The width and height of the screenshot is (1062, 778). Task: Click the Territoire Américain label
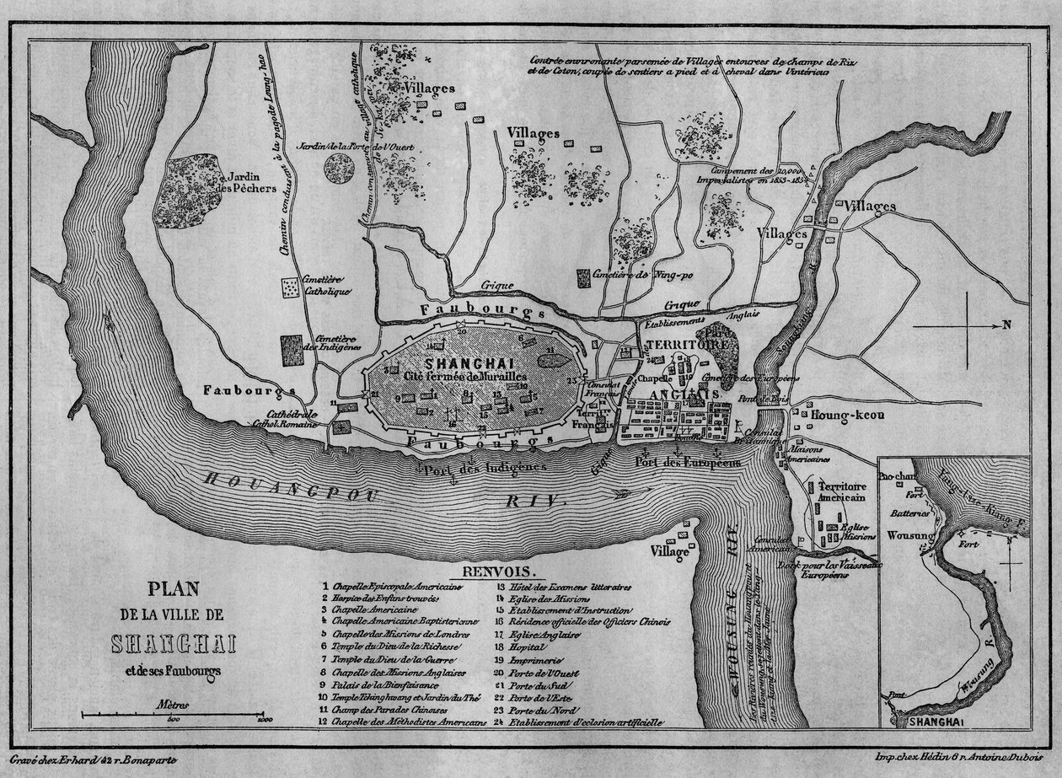click(837, 492)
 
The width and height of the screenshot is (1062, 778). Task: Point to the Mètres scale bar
click(174, 716)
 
